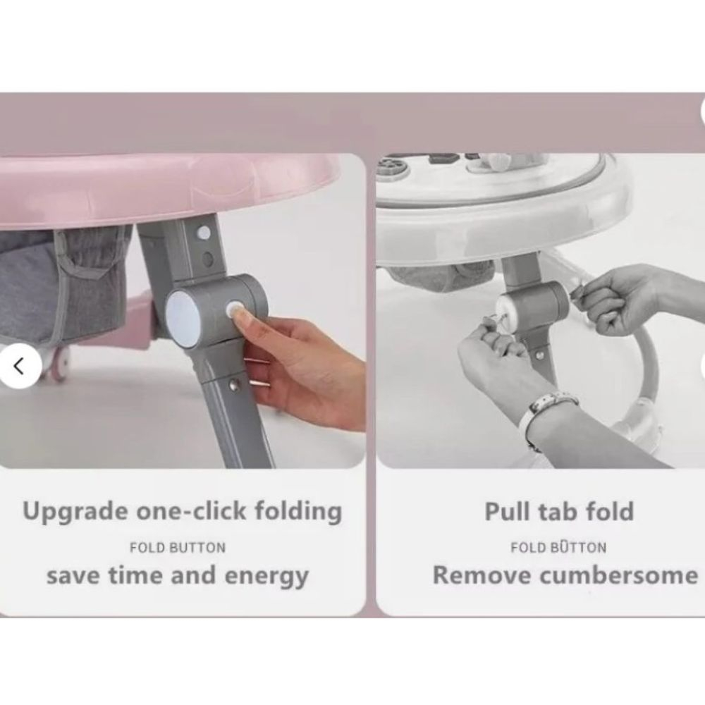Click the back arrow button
20,365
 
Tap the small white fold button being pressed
234,310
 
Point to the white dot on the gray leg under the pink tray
203,233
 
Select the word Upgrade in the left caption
75,512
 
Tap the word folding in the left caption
298,512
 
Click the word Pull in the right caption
507,511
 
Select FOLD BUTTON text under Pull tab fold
558,547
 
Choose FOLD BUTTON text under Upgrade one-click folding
178,548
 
